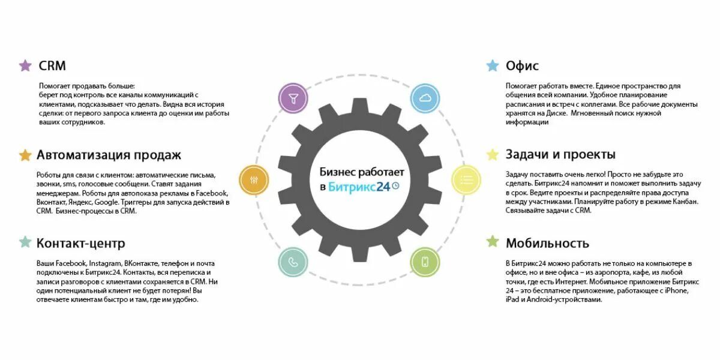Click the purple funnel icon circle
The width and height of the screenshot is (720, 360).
[293, 98]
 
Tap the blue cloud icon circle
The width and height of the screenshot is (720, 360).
[425, 98]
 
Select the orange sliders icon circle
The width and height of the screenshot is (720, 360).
[254, 179]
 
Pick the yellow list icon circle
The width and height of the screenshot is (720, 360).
[466, 179]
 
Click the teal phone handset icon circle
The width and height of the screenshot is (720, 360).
[293, 262]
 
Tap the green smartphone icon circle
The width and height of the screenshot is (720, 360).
[425, 262]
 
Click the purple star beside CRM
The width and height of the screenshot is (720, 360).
[25, 65]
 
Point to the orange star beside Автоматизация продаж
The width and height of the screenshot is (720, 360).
[25, 155]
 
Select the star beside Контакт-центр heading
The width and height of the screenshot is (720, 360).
[25, 242]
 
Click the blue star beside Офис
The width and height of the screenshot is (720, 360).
[493, 65]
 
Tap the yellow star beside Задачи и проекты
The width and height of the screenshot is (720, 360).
[493, 155]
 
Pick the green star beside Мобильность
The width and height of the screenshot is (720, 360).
[493, 242]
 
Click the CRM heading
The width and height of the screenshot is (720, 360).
[52, 65]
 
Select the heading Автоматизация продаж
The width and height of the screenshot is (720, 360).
[109, 155]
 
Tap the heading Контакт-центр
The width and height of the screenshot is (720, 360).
[81, 243]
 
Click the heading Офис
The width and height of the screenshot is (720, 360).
[522, 65]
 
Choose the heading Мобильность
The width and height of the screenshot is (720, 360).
[547, 243]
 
